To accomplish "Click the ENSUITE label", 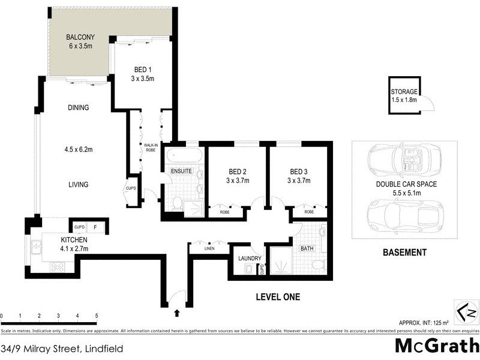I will coord(181,171).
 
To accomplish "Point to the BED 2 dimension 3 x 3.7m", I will coord(236,180).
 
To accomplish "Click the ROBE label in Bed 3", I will coord(308,212).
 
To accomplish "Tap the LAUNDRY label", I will coord(250,259).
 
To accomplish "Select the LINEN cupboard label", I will coord(209,248).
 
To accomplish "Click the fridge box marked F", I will coord(96,227).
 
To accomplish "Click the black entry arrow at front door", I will coord(176,313).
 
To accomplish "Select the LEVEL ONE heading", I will coord(278,296).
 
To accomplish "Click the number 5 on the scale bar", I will coord(96,315).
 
